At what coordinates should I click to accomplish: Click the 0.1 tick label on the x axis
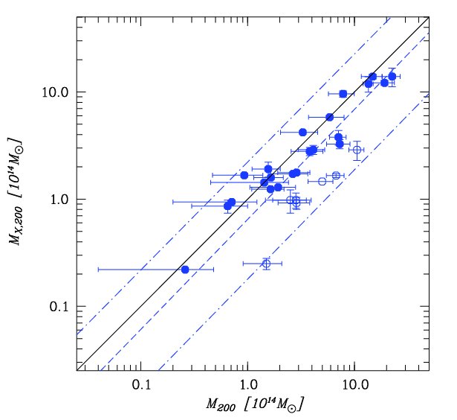tap(140, 386)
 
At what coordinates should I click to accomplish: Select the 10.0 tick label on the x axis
tap(354, 386)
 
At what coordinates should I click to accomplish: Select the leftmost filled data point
tap(185, 269)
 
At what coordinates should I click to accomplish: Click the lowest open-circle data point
tap(266, 263)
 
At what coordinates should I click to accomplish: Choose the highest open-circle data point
tap(357, 150)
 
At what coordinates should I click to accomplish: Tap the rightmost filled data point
tap(392, 76)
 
